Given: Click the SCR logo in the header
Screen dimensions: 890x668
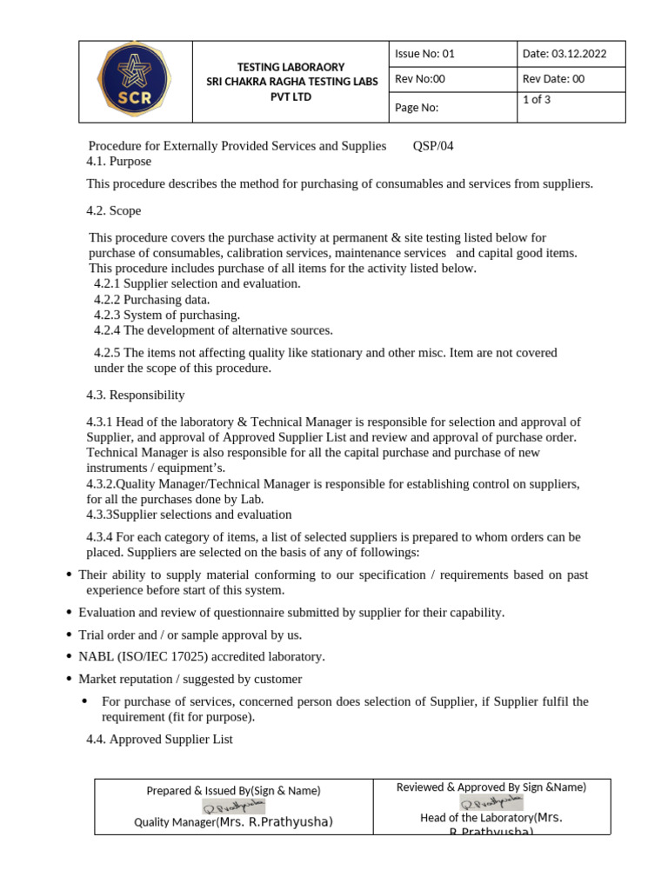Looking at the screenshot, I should [135, 82].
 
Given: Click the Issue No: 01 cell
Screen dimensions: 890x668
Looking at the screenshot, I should [424, 54].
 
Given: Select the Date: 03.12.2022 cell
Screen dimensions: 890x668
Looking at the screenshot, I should [564, 54].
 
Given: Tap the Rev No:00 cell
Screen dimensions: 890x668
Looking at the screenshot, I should [420, 79].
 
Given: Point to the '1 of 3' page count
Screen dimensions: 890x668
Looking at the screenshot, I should [537, 99].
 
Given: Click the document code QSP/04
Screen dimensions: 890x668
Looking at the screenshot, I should [433, 146].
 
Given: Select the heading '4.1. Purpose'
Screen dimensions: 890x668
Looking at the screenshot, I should [118, 162].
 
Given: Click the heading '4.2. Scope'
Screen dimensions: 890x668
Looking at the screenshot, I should [113, 211].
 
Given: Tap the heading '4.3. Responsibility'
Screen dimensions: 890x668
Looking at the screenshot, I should [135, 395].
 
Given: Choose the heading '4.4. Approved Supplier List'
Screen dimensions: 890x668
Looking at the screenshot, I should [159, 740].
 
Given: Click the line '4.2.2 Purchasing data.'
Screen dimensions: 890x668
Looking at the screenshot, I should [152, 300].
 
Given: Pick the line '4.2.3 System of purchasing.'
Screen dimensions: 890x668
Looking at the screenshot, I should [167, 315].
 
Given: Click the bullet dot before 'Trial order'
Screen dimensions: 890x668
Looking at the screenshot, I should [69, 635].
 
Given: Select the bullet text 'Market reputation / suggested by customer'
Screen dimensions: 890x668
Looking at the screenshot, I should [190, 679].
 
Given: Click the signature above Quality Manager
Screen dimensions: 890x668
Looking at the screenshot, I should [233, 807].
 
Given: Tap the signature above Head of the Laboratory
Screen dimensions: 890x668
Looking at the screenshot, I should [491, 801].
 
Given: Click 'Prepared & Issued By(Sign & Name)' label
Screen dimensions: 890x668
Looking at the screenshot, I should [233, 790].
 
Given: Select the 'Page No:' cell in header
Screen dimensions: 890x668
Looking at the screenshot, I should [417, 108].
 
